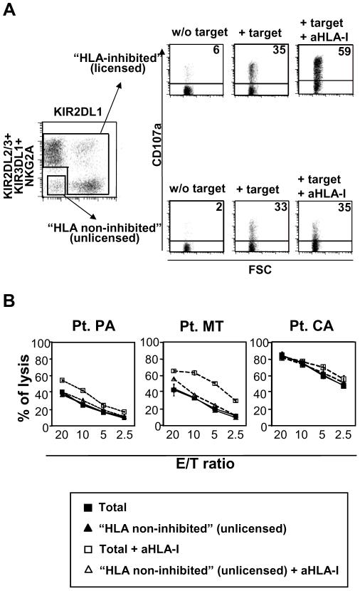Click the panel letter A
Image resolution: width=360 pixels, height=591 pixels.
tap(10, 10)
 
